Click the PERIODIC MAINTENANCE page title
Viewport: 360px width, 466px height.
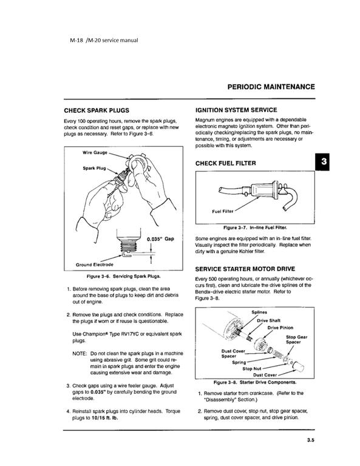tap(271, 87)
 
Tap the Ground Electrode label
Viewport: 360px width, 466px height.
tap(97, 265)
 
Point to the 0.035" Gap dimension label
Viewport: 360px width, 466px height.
tap(161, 238)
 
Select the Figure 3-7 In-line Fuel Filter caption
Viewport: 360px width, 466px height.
tap(255, 227)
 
